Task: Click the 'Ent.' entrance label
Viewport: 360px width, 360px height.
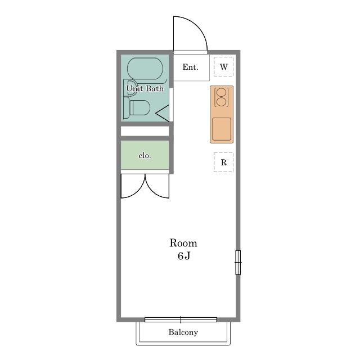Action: (x=190, y=67)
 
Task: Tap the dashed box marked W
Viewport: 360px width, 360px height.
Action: (x=224, y=66)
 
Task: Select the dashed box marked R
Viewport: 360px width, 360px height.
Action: (x=224, y=162)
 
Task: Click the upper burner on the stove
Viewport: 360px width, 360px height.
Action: (x=221, y=92)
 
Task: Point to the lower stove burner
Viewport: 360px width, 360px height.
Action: (x=221, y=102)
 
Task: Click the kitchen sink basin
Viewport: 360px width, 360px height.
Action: (x=222, y=129)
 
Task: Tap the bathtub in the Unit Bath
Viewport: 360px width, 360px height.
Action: (x=145, y=69)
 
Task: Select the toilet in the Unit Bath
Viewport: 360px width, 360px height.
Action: (x=137, y=107)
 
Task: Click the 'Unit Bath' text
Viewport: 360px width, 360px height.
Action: (x=145, y=88)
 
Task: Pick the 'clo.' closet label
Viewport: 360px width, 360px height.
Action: (x=145, y=156)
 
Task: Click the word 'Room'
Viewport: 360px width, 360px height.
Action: (x=183, y=243)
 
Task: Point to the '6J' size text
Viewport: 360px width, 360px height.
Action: (x=184, y=256)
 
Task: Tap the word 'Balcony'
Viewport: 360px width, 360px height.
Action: (x=183, y=332)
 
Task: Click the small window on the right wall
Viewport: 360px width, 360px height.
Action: (x=238, y=263)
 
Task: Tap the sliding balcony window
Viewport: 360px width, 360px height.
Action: (x=181, y=319)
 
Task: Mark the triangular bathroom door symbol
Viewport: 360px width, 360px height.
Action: (x=163, y=113)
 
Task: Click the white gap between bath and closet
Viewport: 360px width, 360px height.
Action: (x=145, y=131)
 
